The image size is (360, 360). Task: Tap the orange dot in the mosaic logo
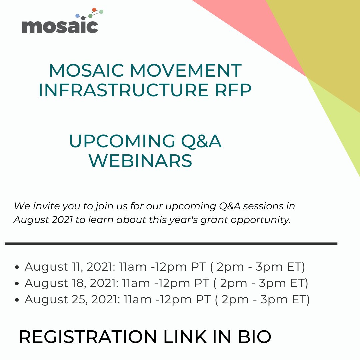(94, 10)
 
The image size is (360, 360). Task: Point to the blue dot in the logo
(77, 16)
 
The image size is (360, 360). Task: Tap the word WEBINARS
(140, 161)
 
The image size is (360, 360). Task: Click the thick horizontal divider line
(171, 244)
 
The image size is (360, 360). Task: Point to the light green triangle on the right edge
(340, 127)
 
